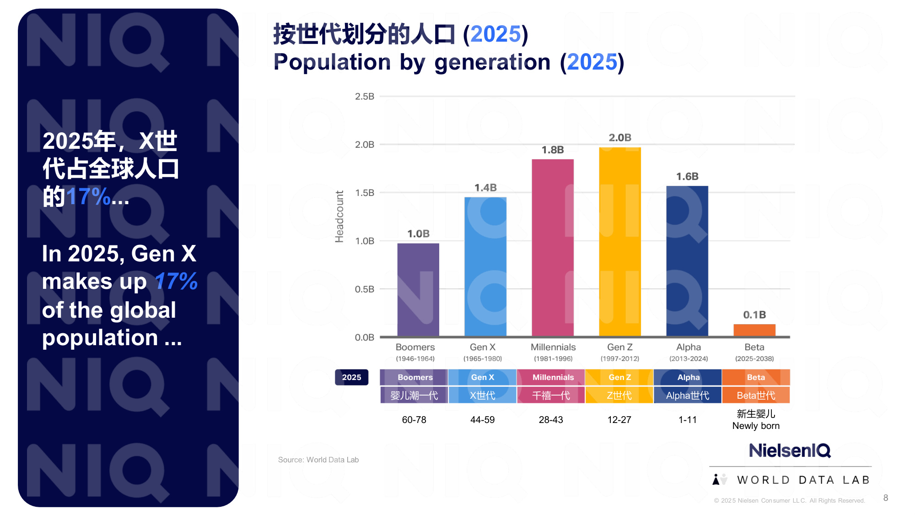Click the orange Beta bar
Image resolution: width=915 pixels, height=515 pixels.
click(754, 330)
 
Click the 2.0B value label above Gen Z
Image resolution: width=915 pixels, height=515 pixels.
click(620, 137)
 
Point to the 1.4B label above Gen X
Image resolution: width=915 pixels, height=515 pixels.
click(485, 188)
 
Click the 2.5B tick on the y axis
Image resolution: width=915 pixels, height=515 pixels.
click(364, 97)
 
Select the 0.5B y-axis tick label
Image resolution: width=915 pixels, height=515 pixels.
click(364, 289)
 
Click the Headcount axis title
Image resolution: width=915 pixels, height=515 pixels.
click(339, 217)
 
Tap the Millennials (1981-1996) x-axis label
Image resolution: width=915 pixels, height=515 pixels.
click(553, 352)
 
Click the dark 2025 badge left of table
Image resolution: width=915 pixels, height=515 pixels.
click(351, 377)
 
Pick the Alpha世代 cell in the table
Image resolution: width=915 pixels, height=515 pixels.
click(687, 395)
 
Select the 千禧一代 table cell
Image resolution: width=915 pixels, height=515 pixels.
click(551, 395)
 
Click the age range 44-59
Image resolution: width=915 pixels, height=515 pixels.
click(482, 420)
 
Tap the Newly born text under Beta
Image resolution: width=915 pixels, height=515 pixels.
click(755, 426)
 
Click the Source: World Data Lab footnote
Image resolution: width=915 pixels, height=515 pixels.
click(318, 460)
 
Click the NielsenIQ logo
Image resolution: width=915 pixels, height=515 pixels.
click(790, 450)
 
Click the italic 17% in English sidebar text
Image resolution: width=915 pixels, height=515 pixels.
click(176, 282)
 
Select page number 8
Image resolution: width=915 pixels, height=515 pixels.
click(886, 498)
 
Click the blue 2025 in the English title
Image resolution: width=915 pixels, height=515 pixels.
click(592, 62)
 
